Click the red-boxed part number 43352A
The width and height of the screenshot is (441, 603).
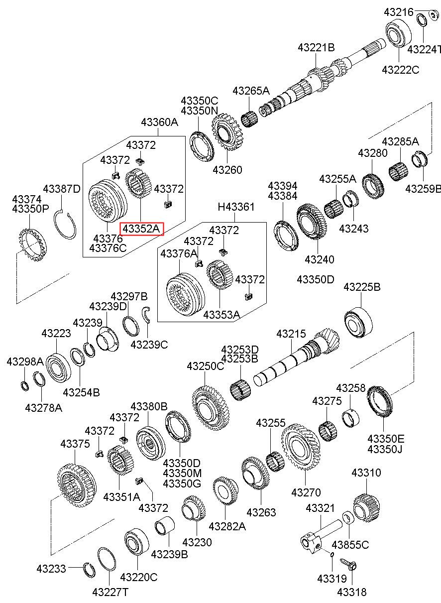[141, 229]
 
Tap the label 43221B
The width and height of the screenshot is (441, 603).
[316, 48]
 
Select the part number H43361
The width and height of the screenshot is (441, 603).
[236, 207]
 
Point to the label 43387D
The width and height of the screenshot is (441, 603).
[62, 189]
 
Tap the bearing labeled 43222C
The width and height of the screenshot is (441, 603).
[399, 33]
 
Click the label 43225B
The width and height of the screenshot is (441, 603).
[362, 287]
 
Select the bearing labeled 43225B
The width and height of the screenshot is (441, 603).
[358, 322]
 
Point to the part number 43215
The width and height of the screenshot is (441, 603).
[291, 334]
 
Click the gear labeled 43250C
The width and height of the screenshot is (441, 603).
[211, 408]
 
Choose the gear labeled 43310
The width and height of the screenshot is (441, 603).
[366, 508]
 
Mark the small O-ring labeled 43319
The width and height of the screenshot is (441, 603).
[332, 554]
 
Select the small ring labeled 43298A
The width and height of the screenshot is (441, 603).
[25, 386]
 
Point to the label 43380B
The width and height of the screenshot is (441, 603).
[149, 406]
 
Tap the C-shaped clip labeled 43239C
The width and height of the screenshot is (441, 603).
[146, 314]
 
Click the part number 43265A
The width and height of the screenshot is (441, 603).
[251, 91]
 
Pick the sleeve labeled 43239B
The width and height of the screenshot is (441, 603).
[165, 525]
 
